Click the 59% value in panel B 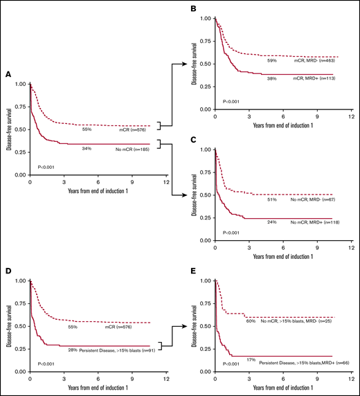click(x=273, y=60)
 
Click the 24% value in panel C click(x=273, y=222)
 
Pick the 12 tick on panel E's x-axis click(x=350, y=382)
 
